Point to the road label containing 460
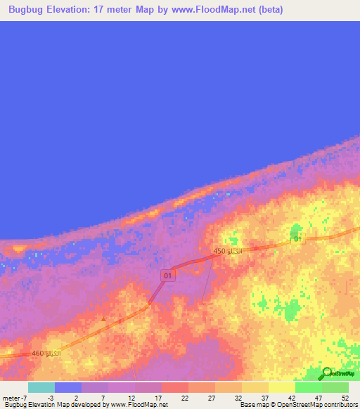[x=46, y=352]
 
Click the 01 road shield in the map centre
[x=167, y=275]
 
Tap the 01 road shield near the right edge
[x=298, y=240]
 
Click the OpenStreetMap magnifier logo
[x=326, y=374]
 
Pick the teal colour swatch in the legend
[x=41, y=387]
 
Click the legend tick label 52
[x=345, y=398]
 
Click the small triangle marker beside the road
[x=104, y=318]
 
